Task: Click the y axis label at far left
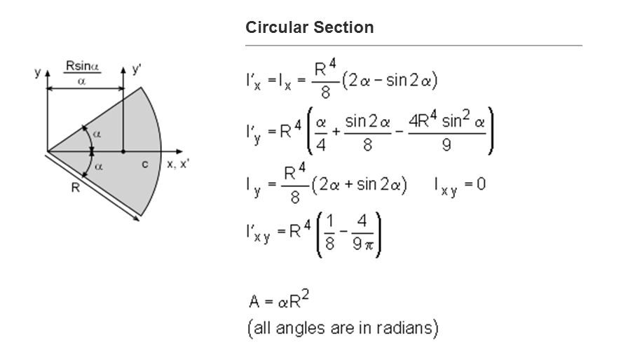[38, 72]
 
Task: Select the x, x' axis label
[180, 164]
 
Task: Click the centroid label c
[144, 164]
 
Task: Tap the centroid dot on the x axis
[123, 151]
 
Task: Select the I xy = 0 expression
[459, 186]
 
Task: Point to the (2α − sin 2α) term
[390, 81]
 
